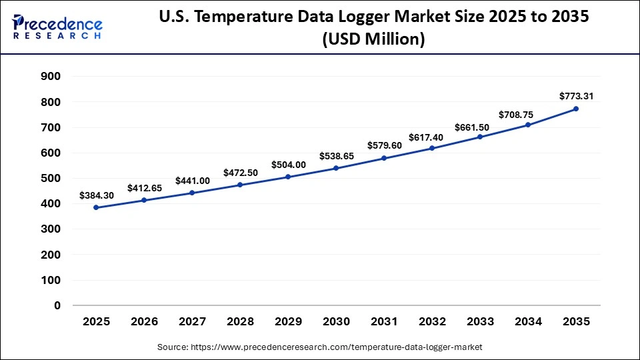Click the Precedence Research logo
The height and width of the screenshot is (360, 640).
point(57,27)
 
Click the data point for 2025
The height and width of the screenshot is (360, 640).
point(96,207)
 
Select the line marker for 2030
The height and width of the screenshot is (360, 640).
point(336,168)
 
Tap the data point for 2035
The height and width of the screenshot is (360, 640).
point(576,109)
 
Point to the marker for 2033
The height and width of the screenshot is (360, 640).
point(480,137)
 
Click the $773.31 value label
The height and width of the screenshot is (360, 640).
point(576,96)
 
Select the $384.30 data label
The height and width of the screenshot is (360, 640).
point(96,195)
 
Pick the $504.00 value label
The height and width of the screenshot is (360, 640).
point(288,165)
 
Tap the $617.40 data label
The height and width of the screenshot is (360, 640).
point(432,137)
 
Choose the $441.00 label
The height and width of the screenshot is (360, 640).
point(192,181)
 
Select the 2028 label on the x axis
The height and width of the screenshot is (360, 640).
point(240,322)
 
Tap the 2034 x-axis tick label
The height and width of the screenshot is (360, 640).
point(528,322)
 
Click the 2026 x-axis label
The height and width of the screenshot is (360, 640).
point(144,322)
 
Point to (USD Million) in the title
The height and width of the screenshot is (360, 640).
point(373,40)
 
